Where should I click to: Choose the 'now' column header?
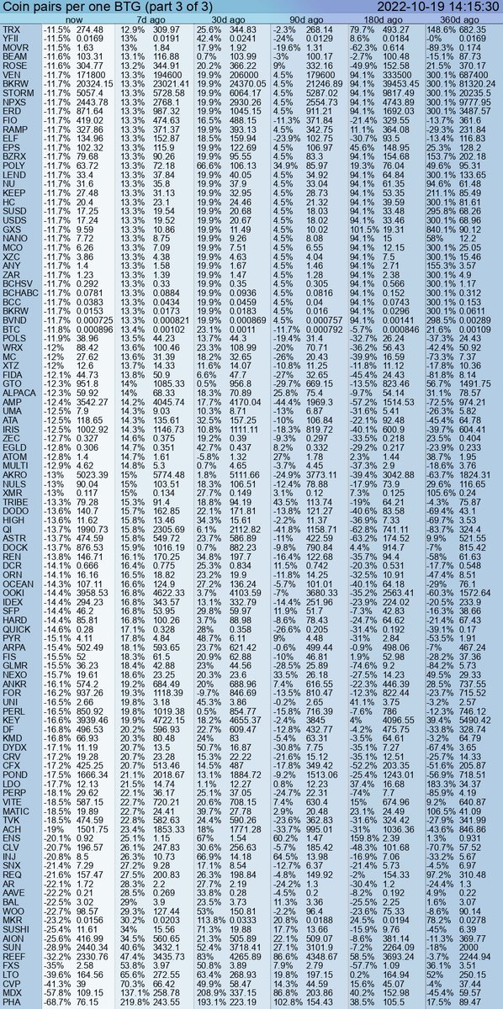(x=74, y=19)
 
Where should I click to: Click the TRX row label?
(x=12, y=29)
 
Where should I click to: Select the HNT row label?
(x=12, y=1002)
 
